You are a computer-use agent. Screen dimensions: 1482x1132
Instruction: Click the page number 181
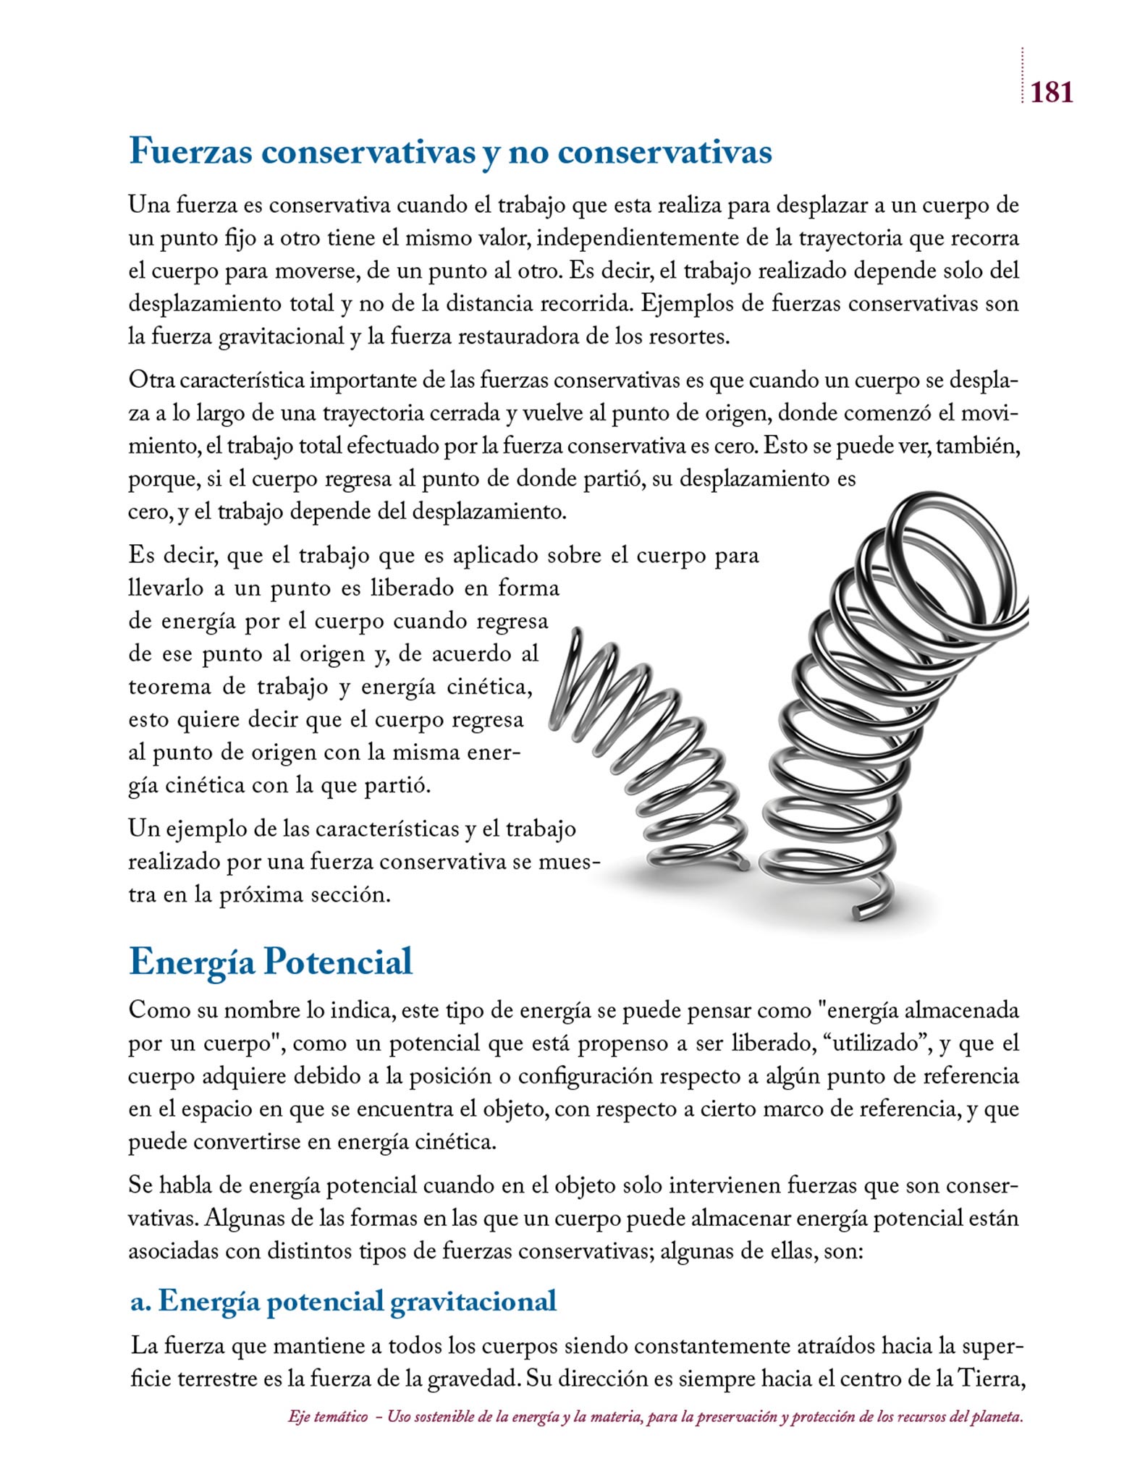pyautogui.click(x=1052, y=93)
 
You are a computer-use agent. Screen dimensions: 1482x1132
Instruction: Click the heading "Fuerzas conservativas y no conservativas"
pyautogui.click(x=450, y=153)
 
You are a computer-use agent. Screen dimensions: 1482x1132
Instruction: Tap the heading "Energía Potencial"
pyautogui.click(x=271, y=962)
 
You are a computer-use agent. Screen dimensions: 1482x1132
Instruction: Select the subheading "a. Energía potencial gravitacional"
pyautogui.click(x=344, y=1301)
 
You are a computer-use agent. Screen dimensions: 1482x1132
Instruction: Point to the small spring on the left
pyautogui.click(x=651, y=753)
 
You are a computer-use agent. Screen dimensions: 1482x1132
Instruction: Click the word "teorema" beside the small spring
pyautogui.click(x=170, y=687)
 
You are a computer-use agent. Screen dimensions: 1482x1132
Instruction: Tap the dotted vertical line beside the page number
pyautogui.click(x=1023, y=76)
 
